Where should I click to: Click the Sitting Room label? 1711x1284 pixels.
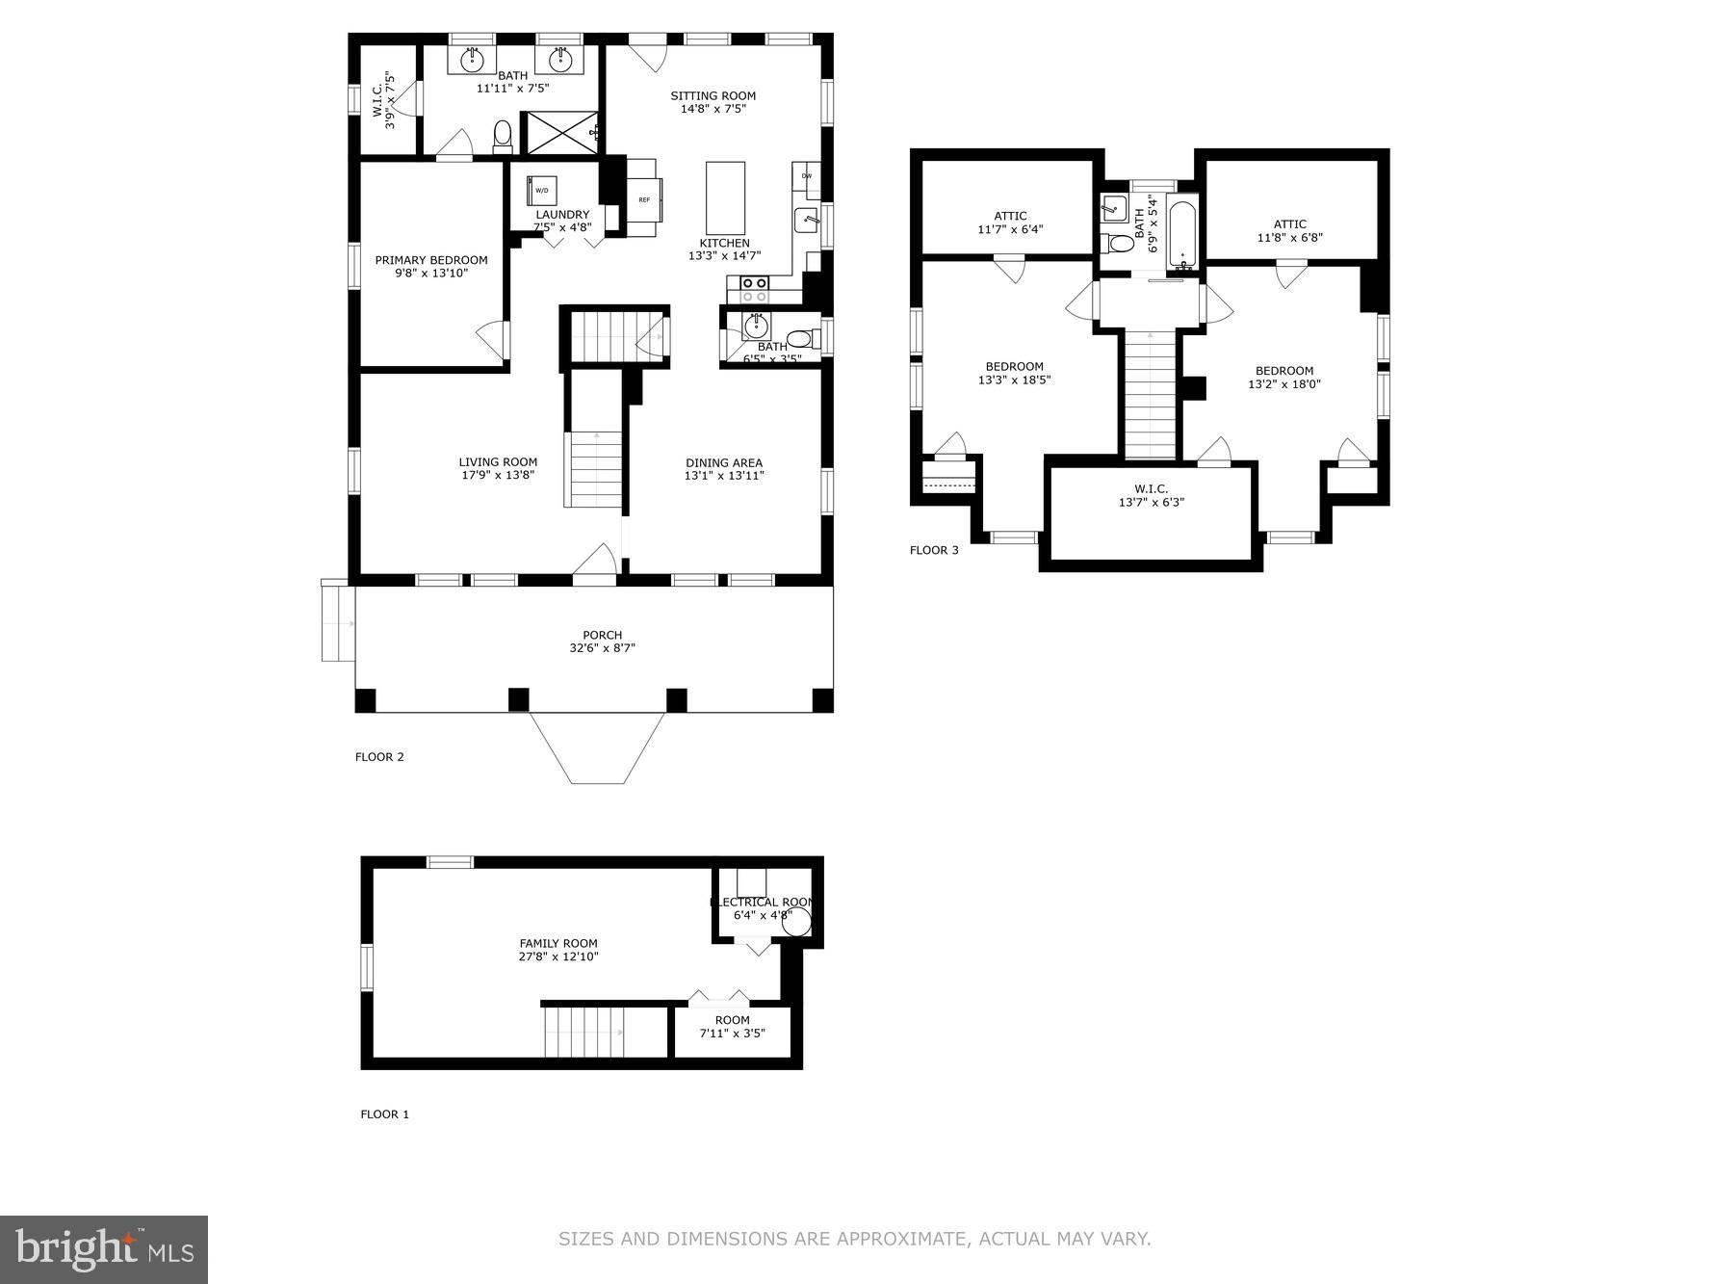point(713,96)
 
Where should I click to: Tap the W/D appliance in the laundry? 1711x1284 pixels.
point(542,190)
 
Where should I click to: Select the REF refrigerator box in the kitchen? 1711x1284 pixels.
point(644,199)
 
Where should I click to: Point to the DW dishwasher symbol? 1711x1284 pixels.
point(806,177)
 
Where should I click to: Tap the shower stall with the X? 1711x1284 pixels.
point(558,132)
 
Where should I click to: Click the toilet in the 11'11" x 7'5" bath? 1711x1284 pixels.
point(503,137)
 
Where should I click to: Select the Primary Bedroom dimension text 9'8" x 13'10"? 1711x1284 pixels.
point(431,274)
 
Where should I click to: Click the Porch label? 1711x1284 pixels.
point(602,635)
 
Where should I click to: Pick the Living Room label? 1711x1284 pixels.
point(498,462)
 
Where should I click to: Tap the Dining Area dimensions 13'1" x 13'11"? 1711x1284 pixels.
point(724,476)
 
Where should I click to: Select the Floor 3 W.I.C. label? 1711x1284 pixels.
point(1151,489)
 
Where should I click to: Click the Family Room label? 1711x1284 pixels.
point(558,944)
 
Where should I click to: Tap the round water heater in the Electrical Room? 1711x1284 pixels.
point(796,921)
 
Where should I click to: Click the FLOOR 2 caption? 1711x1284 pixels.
point(379,757)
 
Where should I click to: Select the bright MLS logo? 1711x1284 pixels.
point(104,1249)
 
